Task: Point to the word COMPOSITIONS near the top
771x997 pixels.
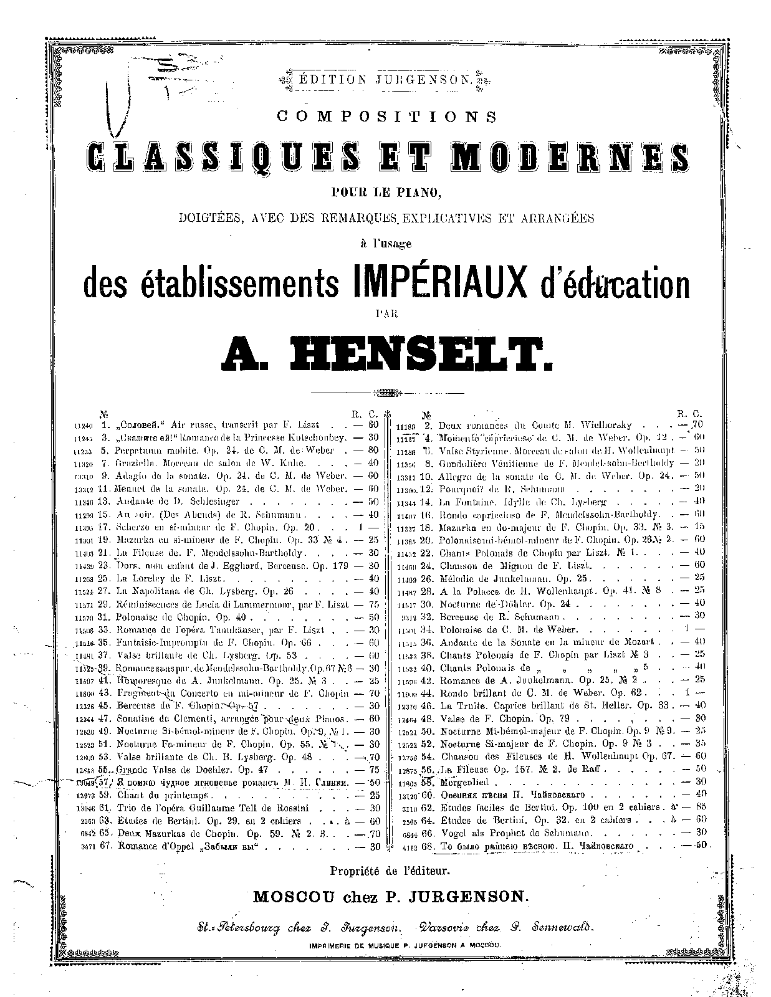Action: click(x=387, y=116)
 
